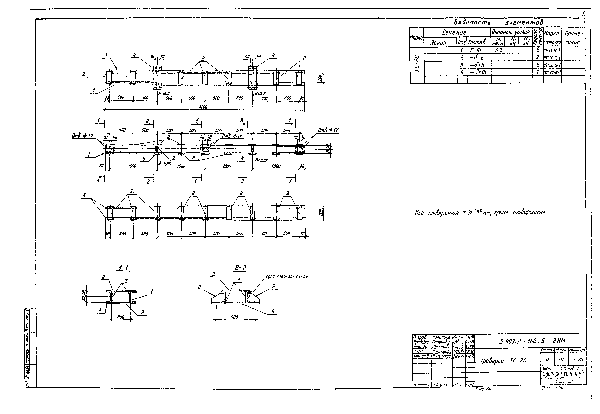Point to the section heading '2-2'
240,268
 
